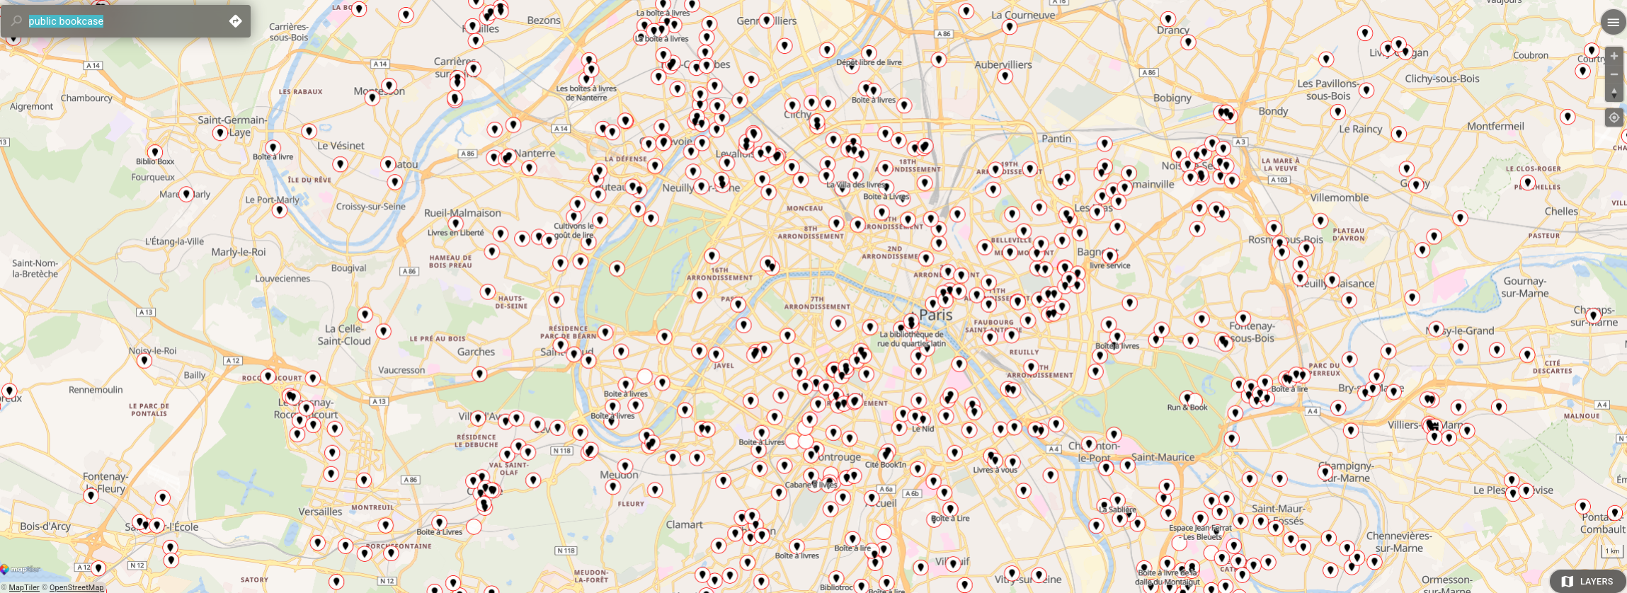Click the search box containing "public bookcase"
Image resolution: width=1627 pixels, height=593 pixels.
120,21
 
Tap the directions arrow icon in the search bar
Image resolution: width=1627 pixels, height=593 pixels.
236,21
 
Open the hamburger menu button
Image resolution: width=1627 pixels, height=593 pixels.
1613,23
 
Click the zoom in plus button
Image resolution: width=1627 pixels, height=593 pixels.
1614,56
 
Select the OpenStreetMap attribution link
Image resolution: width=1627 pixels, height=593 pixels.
76,587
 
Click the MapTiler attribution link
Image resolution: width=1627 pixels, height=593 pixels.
24,587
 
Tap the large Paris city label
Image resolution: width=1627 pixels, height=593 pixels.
935,315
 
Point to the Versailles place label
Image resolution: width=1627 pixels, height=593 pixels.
320,512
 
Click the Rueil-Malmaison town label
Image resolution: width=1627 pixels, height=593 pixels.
462,213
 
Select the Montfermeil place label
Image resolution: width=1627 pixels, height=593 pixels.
1495,126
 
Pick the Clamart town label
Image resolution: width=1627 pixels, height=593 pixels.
684,524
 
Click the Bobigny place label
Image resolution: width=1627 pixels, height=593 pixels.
1172,98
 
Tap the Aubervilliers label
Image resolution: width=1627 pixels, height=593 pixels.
1003,64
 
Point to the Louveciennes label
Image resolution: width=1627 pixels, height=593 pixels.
282,279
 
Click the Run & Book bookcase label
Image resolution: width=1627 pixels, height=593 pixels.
1187,408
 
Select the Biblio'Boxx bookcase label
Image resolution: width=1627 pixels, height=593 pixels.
155,161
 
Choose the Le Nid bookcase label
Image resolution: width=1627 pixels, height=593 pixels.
923,429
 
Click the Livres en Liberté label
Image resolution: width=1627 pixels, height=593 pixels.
455,233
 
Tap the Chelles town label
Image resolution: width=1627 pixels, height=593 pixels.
1561,211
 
